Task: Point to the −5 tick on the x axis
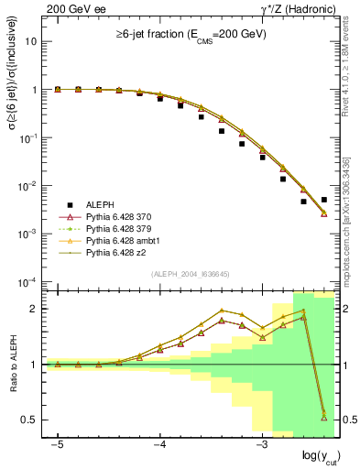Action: coord(57,444)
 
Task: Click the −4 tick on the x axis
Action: coord(159,444)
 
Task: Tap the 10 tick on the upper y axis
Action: coord(32,42)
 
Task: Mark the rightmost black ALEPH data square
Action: coord(324,199)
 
